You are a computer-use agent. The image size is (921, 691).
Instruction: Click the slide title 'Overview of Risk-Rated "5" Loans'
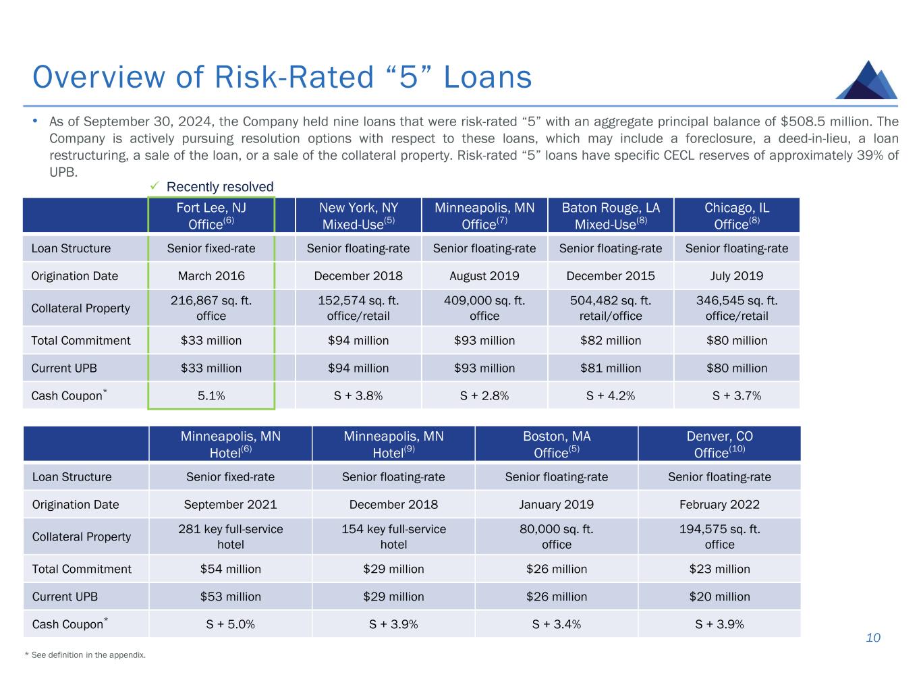(x=282, y=77)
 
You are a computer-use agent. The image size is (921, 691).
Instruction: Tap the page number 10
(x=873, y=638)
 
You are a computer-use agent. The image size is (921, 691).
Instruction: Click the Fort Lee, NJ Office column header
(x=211, y=216)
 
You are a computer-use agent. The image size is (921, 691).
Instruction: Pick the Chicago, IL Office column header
(x=737, y=216)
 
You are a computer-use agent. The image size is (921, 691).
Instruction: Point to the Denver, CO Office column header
(x=719, y=444)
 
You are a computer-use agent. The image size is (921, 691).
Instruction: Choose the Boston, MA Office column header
(x=557, y=444)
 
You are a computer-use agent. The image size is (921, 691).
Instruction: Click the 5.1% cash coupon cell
(x=211, y=396)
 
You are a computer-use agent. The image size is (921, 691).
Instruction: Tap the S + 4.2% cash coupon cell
(x=611, y=396)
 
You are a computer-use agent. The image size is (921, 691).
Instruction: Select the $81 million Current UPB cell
(x=611, y=368)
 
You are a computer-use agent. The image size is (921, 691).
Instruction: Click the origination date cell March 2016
(x=211, y=276)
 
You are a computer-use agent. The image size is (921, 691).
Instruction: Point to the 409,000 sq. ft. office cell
(x=484, y=308)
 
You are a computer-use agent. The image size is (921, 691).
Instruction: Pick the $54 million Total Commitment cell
(x=231, y=569)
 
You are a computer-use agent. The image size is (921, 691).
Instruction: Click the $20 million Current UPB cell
(x=719, y=597)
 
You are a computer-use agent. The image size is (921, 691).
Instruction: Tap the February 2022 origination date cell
(x=719, y=505)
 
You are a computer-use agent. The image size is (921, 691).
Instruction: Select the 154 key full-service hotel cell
(x=393, y=536)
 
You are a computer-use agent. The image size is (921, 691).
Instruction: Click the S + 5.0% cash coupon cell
(x=231, y=624)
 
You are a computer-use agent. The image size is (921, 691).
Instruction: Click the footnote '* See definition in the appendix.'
(x=84, y=655)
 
